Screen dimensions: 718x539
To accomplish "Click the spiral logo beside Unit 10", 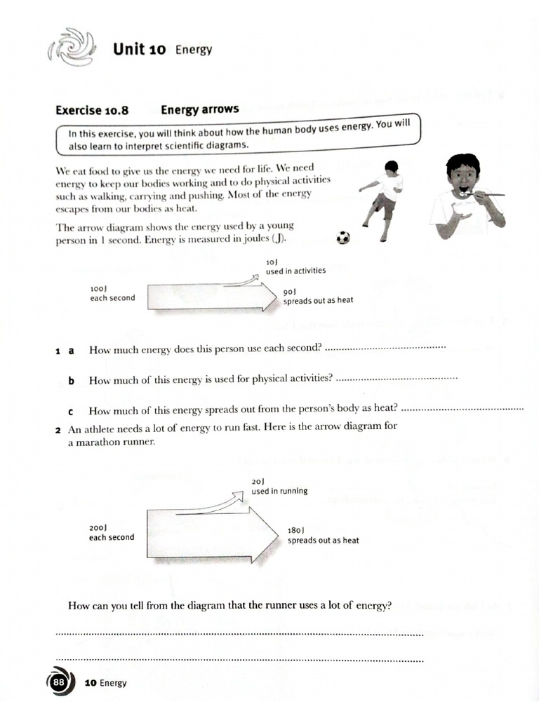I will [70, 47].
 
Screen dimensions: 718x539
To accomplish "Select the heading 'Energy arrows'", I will [200, 109].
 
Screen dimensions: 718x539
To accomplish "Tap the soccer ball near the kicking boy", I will [342, 238].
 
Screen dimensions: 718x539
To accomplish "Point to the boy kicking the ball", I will [382, 200].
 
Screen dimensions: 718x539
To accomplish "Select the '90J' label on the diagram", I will [291, 291].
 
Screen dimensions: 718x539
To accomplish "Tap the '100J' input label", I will [98, 288].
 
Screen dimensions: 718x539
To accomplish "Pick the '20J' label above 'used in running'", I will [258, 481].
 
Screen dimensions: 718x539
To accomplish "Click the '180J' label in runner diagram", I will [296, 531].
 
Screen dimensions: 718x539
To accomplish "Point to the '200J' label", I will [97, 528].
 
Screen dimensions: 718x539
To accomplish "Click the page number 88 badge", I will [59, 682].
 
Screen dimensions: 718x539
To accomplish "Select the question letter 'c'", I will [71, 411].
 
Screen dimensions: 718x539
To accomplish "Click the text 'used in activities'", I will [295, 271].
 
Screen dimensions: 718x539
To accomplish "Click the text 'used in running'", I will [279, 491].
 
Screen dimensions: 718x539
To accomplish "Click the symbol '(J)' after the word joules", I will [279, 240].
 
